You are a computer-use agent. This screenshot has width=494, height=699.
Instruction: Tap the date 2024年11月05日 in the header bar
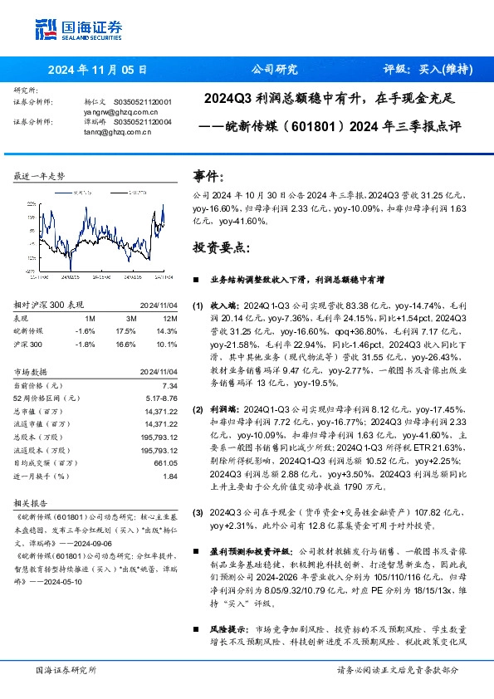coord(97,70)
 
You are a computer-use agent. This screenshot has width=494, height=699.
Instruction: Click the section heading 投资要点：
coord(220,247)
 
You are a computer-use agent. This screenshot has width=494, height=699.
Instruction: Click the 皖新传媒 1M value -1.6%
coord(85,330)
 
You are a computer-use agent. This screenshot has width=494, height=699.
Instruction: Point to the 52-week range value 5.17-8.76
coord(159,398)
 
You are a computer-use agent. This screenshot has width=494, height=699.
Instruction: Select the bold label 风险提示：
coord(218,618)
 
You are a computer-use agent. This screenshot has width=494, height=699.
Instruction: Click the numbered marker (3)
coord(198,514)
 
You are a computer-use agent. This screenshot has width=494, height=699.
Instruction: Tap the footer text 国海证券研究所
coord(66,669)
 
